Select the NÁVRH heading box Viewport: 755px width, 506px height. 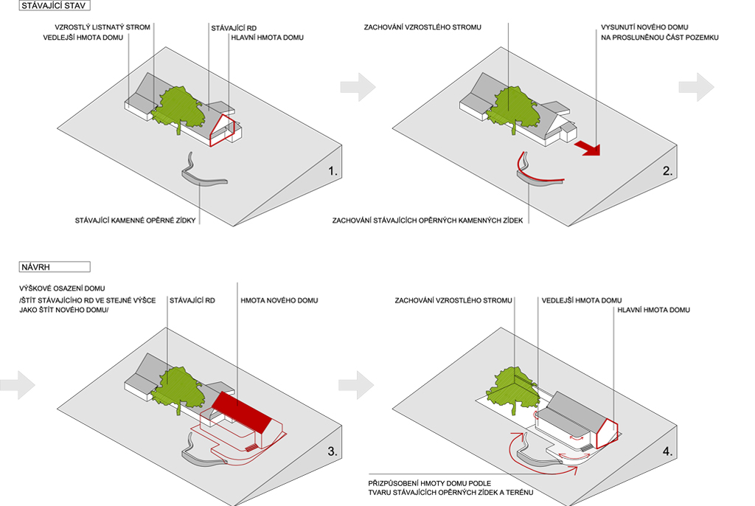[x=55, y=267]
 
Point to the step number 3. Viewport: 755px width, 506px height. [x=333, y=451]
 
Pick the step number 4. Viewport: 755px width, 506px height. [x=668, y=451]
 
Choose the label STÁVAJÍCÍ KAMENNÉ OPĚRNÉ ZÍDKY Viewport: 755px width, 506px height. [x=135, y=220]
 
